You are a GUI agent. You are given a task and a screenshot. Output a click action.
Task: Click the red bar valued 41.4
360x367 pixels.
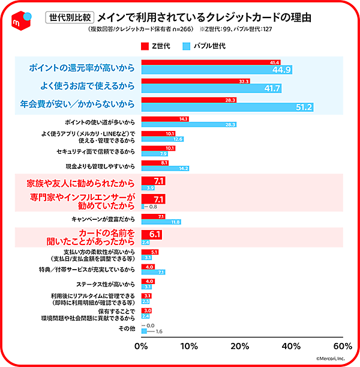pos(210,62)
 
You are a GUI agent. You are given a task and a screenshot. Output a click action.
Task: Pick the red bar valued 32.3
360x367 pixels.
pos(195,81)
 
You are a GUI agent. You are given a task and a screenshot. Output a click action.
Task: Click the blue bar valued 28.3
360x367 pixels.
pos(188,124)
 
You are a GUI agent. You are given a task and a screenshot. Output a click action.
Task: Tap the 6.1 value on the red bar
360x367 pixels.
pos(155,234)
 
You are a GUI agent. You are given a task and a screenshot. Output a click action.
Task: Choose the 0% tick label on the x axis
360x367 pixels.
pos(141,346)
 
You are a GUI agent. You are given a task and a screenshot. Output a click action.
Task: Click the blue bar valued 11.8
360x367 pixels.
pos(161,222)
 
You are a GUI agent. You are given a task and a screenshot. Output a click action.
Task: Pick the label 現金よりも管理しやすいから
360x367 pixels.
pos(101,165)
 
